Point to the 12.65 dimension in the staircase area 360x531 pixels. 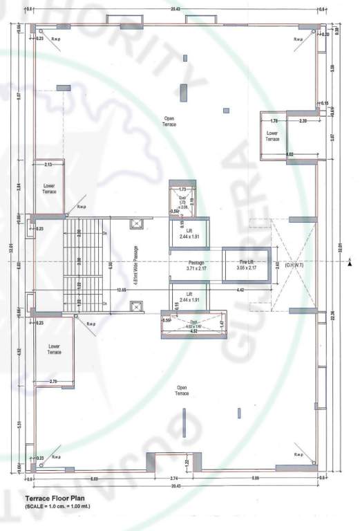coord(122,290)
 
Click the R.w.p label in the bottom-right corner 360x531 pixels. coord(299,454)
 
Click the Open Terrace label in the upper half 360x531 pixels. coord(169,121)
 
